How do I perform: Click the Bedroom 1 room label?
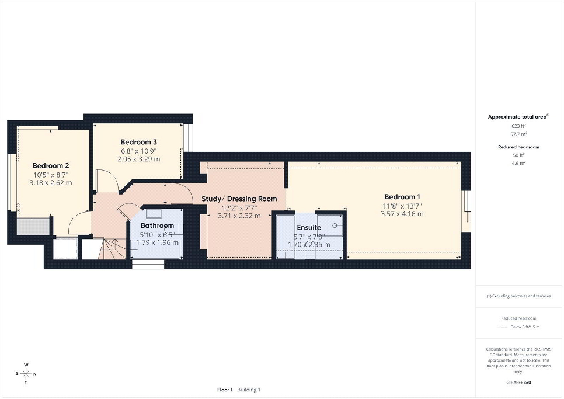click(402, 197)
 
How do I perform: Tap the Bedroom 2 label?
click(51, 165)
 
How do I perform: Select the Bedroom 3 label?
click(138, 142)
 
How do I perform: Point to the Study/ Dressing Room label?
click(239, 199)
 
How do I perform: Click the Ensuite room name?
click(309, 227)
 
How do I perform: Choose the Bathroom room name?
click(157, 225)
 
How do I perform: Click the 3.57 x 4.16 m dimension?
click(402, 214)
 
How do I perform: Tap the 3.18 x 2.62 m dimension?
click(51, 182)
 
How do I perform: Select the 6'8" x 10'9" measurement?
click(138, 151)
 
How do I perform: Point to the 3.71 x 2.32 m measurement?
click(239, 216)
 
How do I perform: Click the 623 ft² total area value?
click(518, 126)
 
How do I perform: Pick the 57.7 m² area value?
click(518, 134)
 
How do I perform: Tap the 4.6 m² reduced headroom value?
click(518, 163)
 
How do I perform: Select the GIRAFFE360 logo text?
click(518, 383)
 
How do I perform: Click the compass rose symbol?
click(26, 374)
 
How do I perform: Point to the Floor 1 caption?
click(225, 390)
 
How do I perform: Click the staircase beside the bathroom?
click(112, 248)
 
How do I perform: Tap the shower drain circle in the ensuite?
click(335, 225)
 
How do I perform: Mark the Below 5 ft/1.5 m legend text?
click(525, 327)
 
